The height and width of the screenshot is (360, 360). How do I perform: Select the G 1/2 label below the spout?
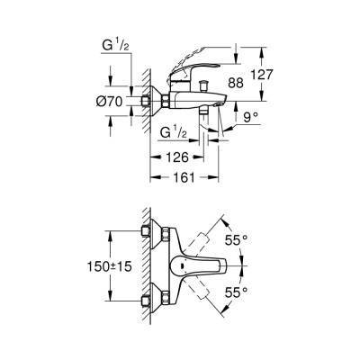click(x=174, y=133)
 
